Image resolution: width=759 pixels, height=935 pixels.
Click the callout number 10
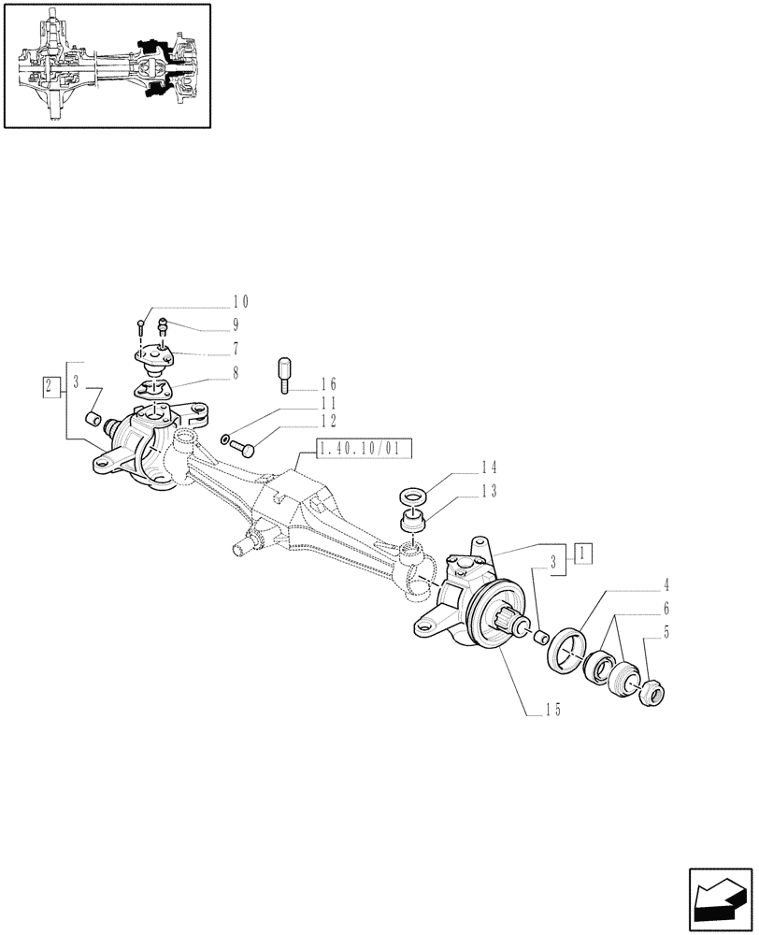(240, 302)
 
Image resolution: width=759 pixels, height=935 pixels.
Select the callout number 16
(327, 384)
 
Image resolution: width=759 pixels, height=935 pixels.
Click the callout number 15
(551, 710)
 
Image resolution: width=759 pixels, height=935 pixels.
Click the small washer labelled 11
(226, 439)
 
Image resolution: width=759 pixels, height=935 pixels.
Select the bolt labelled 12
(246, 452)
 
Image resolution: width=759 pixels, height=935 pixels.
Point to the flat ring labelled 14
(410, 496)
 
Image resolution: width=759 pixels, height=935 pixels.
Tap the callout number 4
(666, 585)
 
